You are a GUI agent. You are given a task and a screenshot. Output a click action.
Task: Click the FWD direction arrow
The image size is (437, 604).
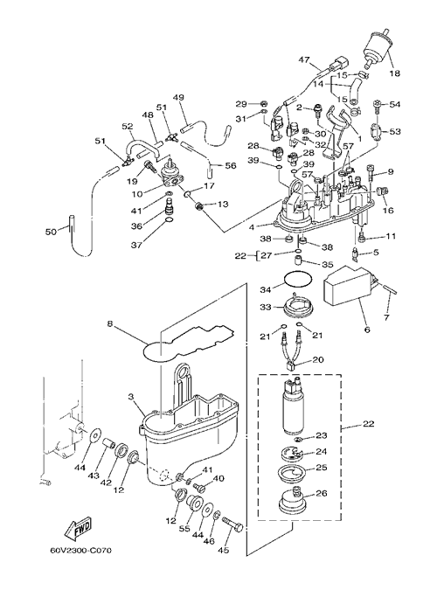click(78, 528)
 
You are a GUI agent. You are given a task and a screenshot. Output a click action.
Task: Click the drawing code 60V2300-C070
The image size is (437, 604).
click(81, 551)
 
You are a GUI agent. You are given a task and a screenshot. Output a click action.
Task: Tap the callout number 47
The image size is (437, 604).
click(303, 59)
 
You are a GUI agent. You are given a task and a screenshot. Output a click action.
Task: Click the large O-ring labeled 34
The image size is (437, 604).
click(298, 279)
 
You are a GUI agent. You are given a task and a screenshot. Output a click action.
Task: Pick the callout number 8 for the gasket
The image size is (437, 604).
click(110, 324)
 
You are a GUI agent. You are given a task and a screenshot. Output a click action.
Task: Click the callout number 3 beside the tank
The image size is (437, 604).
click(131, 396)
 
